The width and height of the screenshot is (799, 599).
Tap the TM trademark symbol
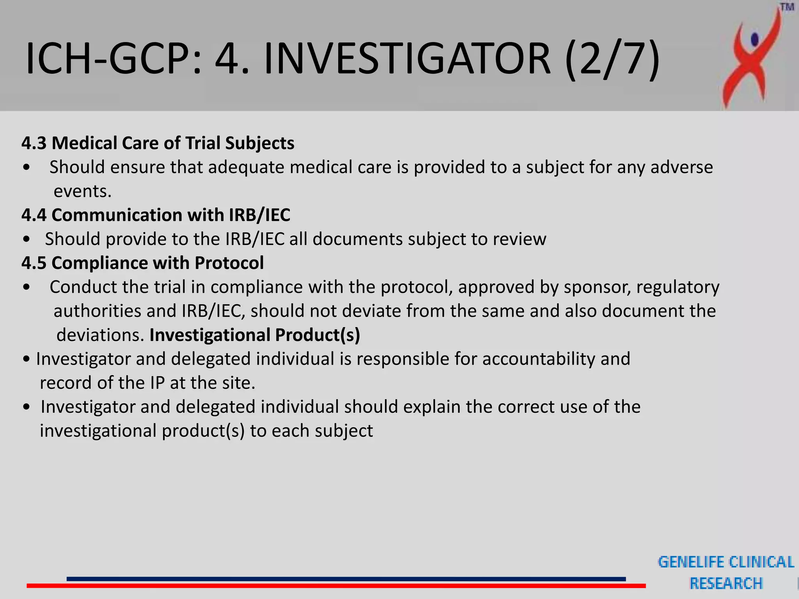787,7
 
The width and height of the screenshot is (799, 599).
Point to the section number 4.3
34,143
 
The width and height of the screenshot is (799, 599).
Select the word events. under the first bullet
82,191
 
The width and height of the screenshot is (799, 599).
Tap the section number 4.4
34,215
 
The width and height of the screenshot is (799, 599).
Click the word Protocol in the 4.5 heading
229,263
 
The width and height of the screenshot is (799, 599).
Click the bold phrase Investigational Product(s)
255,335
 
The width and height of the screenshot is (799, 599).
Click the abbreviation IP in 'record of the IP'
157,383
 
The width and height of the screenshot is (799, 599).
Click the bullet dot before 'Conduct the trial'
27,287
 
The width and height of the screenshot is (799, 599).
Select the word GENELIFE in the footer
691,562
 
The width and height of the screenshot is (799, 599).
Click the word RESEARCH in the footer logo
726,583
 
